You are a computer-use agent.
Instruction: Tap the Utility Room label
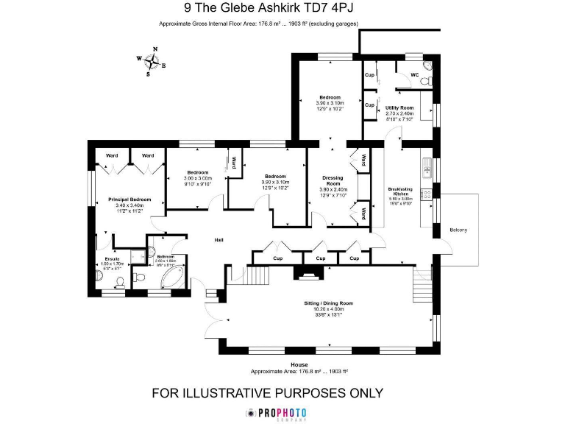tap(399, 107)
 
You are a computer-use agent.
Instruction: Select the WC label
tap(414, 75)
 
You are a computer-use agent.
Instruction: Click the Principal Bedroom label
tap(129, 199)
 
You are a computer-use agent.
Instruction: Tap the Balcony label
tap(458, 230)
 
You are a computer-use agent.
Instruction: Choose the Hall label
tap(218, 240)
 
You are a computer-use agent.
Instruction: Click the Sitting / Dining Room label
tap(329, 303)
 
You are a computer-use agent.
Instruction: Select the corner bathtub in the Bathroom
tap(174, 277)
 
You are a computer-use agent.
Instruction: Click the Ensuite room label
tap(111, 260)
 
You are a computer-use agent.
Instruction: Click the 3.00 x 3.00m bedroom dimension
tap(197, 178)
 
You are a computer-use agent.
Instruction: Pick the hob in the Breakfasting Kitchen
tap(426, 195)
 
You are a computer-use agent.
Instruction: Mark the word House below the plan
tap(299, 365)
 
